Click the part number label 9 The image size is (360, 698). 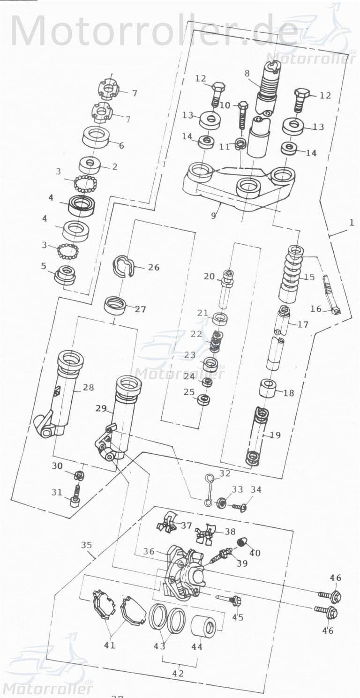click(x=214, y=216)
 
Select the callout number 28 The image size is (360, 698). click(x=88, y=388)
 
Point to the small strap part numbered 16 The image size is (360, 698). click(x=331, y=296)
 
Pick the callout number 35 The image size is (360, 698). click(x=86, y=545)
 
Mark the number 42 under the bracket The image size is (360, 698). click(x=178, y=674)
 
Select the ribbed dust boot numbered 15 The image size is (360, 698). click(x=291, y=277)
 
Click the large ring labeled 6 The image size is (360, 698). click(x=96, y=137)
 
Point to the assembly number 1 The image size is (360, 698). click(x=352, y=223)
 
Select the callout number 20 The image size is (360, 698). click(x=209, y=277)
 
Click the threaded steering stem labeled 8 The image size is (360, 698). click(x=268, y=84)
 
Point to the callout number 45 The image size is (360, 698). click(x=238, y=617)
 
